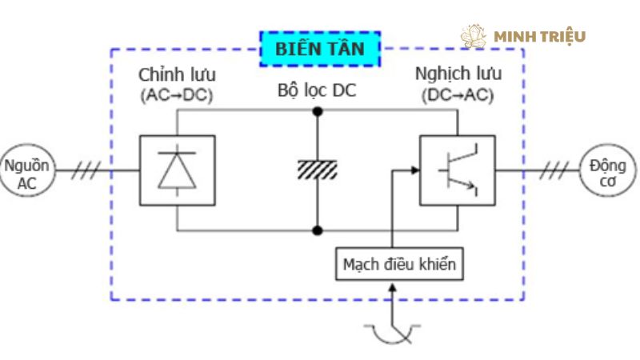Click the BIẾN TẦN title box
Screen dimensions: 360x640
click(x=320, y=49)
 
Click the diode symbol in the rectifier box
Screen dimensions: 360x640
click(x=177, y=170)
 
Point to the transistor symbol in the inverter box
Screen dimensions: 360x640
click(x=457, y=170)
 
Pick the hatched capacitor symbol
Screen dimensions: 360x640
click(x=318, y=170)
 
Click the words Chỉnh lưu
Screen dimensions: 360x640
click(x=177, y=76)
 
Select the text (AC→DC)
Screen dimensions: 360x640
click(x=177, y=96)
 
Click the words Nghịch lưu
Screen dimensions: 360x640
click(x=458, y=74)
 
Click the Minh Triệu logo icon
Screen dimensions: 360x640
click(x=474, y=36)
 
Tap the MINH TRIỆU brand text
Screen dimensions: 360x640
click(x=540, y=37)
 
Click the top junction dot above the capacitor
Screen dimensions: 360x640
click(x=318, y=111)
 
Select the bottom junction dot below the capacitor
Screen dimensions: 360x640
click(x=318, y=230)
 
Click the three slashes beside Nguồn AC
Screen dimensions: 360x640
click(x=86, y=171)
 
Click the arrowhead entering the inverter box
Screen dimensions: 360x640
click(x=414, y=170)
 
